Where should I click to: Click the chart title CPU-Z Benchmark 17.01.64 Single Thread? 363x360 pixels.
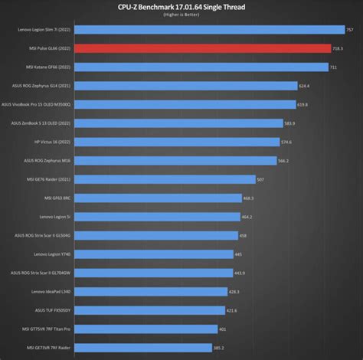[181, 6]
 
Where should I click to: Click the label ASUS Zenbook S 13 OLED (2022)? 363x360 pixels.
[41, 123]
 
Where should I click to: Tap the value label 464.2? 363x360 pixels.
[246, 217]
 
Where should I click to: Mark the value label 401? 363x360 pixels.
[222, 329]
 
